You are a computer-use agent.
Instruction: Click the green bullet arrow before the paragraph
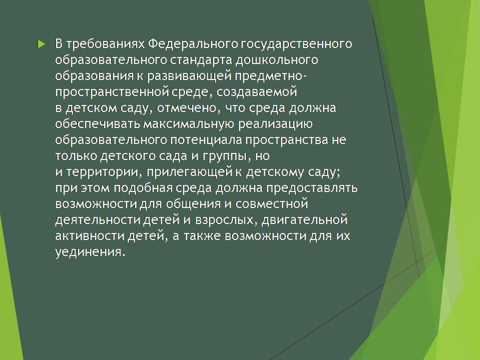(41, 44)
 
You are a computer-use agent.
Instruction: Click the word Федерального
(193, 44)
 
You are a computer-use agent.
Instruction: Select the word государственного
(296, 44)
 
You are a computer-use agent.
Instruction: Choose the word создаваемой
(256, 92)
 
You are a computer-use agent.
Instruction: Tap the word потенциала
(206, 140)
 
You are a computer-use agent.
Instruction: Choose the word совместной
(271, 204)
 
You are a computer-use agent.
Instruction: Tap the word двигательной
(305, 220)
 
